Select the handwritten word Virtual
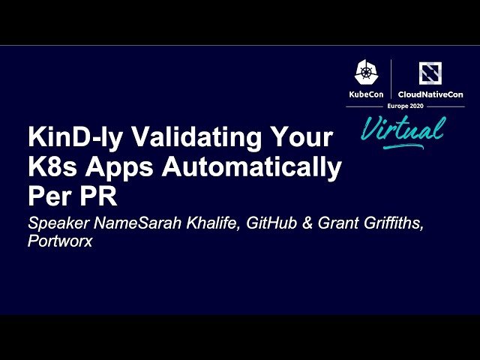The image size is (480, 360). coord(401,129)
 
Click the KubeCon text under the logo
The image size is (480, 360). coord(366,94)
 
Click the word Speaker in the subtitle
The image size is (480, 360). coord(53,223)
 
